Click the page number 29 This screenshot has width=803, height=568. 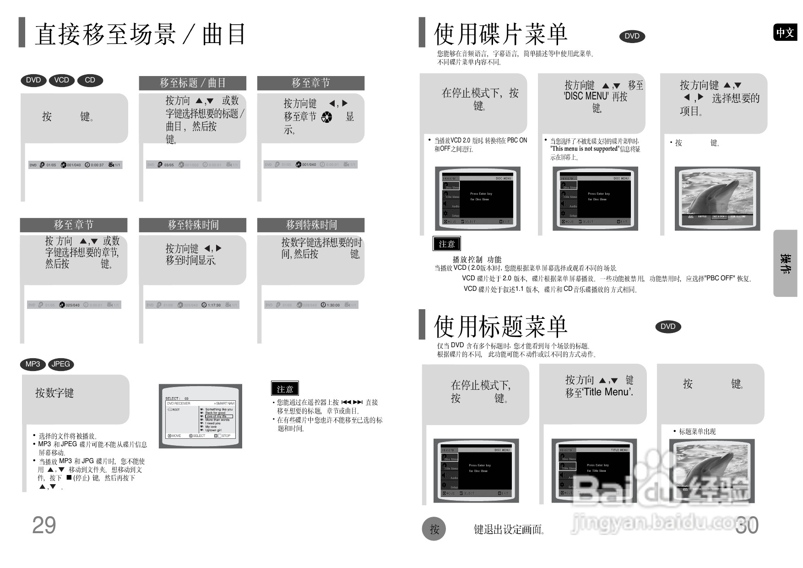point(44,525)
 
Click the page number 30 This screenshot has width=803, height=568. point(747,525)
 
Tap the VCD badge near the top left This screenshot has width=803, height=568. point(61,80)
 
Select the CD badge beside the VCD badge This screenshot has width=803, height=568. point(90,80)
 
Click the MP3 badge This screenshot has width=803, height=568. point(33,364)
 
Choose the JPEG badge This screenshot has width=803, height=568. point(61,364)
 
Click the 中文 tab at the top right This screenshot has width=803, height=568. point(785,33)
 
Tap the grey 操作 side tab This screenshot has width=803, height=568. point(785,263)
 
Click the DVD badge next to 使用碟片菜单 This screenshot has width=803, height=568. point(632,36)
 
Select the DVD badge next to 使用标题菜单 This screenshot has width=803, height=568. point(668,327)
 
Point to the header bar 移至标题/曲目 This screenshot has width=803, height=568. point(192,83)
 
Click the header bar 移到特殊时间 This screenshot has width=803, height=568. point(311,225)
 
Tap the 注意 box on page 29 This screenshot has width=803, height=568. point(285,389)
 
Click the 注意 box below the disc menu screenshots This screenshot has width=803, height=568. point(446,244)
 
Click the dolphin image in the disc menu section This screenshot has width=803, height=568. point(717,198)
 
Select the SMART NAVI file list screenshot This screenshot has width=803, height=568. point(201,416)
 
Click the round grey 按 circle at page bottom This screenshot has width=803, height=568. point(434,529)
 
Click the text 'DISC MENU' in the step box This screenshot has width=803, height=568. point(586,97)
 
